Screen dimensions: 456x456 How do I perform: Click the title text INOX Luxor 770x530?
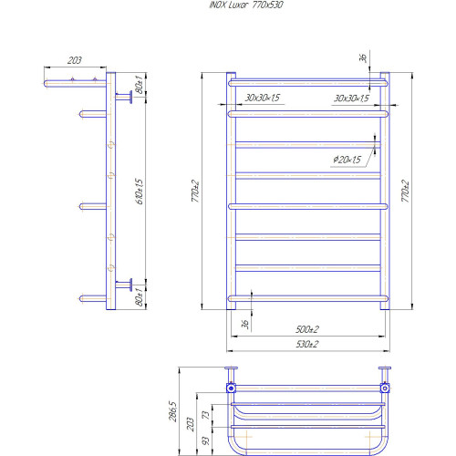point(246,5)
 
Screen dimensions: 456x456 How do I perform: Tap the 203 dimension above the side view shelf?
point(75,60)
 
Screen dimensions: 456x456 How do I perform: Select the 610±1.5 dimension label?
point(139,192)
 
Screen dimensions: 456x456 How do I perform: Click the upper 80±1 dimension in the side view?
point(139,84)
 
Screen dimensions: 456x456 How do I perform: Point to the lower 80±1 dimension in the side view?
point(139,296)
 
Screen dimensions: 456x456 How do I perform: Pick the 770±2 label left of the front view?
point(195,191)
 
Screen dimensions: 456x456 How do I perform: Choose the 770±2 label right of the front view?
point(405,191)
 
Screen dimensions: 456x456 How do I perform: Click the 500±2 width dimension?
point(307,329)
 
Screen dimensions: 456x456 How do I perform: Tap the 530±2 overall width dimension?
point(307,344)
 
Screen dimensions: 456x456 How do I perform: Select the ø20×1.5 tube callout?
point(347,160)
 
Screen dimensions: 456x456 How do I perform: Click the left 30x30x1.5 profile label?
point(263,98)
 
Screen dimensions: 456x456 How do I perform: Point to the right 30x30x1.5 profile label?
point(351,98)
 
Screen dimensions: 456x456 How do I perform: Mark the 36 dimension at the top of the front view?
point(363,57)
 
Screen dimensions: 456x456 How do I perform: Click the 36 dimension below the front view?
point(245,325)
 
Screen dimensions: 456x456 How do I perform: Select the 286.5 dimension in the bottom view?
point(172,411)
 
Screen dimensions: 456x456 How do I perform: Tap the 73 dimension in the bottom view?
point(205,415)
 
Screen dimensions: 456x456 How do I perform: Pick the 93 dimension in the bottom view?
point(205,440)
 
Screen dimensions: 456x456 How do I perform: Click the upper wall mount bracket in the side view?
point(124,97)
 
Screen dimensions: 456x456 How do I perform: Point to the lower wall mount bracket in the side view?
point(124,285)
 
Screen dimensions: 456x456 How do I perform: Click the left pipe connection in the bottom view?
point(231,389)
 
